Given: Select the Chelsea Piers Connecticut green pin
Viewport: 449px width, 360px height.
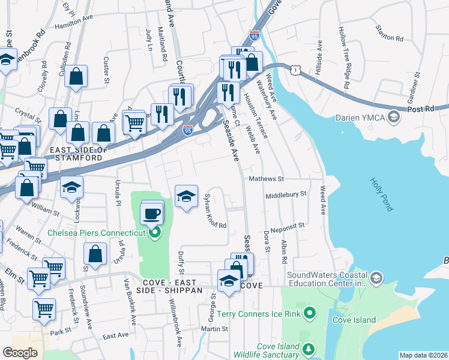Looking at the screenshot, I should pos(156,233).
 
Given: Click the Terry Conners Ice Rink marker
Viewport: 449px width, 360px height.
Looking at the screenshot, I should pos(310,313).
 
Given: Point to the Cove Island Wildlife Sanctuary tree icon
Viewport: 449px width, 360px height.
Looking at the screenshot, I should pos(308,349).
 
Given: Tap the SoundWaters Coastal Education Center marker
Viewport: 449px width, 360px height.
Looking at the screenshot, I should pos(376,277).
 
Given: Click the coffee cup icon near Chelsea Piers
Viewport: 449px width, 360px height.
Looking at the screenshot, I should pos(152,213).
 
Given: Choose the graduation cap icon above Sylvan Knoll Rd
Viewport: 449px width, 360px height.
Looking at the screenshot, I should pos(186,196).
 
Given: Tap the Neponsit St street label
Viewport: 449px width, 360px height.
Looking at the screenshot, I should pos(288,226).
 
